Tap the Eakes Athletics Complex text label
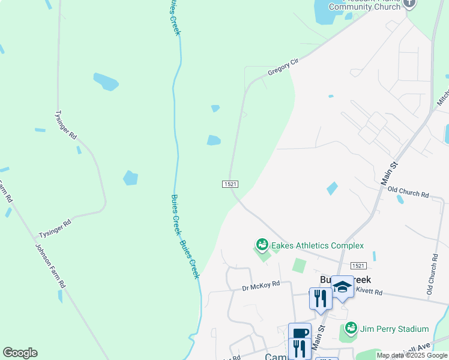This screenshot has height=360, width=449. pyautogui.click(x=318, y=245)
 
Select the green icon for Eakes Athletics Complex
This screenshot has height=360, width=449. pyautogui.click(x=262, y=245)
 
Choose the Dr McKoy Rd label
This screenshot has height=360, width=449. pyautogui.click(x=261, y=286)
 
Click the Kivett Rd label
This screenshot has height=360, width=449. pyautogui.click(x=370, y=292)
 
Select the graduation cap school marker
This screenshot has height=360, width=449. pyautogui.click(x=342, y=287)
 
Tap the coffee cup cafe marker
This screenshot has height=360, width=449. pyautogui.click(x=300, y=333)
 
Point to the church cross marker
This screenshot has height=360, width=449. pyautogui.click(x=410, y=3)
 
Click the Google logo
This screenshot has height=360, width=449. pyautogui.click(x=20, y=353)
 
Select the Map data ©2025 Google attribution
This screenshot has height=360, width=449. pyautogui.click(x=412, y=356)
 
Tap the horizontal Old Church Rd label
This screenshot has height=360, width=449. pyautogui.click(x=408, y=194)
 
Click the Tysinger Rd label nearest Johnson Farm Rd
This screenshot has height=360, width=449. pyautogui.click(x=55, y=226)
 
